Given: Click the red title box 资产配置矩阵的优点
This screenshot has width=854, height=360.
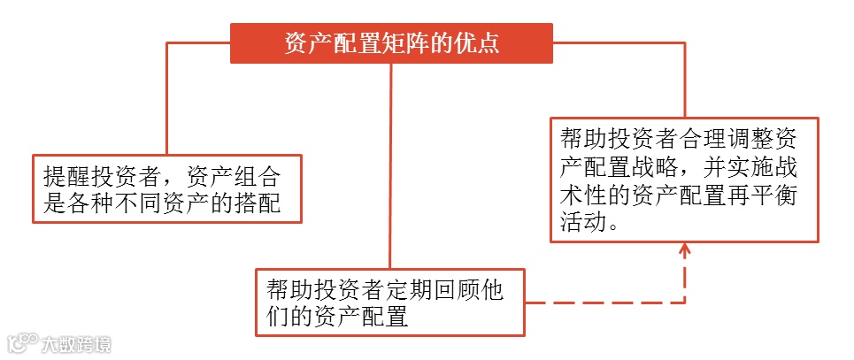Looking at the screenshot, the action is point(391,43).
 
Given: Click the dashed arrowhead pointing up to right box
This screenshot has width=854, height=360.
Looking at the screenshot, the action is point(685,249).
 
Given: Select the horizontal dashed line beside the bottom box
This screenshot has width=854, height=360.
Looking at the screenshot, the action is point(602,303).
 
